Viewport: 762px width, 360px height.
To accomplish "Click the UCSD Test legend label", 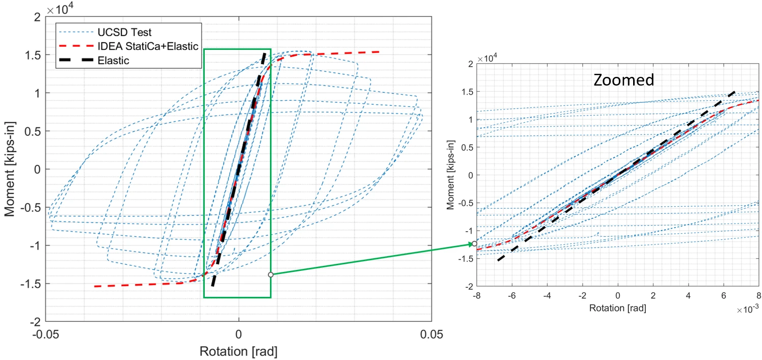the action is tap(124, 32).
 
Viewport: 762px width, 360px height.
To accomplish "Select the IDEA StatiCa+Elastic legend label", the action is tap(148, 46).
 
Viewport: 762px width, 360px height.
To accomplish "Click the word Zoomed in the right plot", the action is tap(623, 80).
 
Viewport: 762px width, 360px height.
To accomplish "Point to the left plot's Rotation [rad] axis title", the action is tap(238, 351).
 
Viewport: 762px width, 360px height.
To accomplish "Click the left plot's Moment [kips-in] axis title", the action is tap(10, 169).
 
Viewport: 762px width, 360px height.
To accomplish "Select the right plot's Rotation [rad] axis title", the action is tap(617, 308).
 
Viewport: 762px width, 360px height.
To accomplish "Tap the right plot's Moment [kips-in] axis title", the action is tap(450, 175).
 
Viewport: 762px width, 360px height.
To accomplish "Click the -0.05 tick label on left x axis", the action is tap(45, 335).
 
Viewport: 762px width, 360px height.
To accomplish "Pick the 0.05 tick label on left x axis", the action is tap(431, 335).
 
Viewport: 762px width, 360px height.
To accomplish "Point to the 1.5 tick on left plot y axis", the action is tap(33, 55).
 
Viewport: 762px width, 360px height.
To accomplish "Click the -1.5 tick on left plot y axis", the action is tap(31, 284).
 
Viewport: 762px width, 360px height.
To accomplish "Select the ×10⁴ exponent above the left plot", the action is tap(60, 9).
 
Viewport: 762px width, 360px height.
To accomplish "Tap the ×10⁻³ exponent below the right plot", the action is tap(747, 310).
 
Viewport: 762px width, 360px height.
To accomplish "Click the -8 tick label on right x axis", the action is tap(477, 296).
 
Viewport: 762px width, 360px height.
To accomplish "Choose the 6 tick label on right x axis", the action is tap(724, 296).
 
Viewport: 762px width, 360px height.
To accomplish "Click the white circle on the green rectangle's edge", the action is tap(270, 274).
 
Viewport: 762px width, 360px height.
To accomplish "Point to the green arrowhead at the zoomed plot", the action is tap(471, 244).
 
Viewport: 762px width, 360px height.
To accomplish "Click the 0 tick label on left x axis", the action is tap(238, 335).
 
